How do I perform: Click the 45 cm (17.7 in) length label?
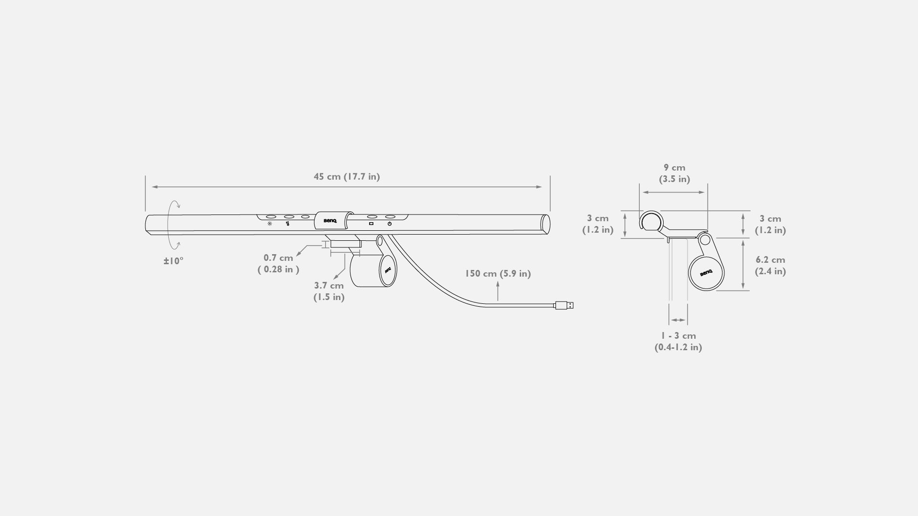point(347,177)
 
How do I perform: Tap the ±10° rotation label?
point(174,261)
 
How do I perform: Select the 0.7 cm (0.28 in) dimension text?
point(278,264)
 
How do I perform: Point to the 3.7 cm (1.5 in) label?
point(329,291)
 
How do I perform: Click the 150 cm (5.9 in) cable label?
point(498,274)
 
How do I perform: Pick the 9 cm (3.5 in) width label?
point(674,173)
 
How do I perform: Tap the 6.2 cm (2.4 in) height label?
point(770,266)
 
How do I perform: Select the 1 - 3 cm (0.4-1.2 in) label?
point(678,342)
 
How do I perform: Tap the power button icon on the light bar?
point(390,224)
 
